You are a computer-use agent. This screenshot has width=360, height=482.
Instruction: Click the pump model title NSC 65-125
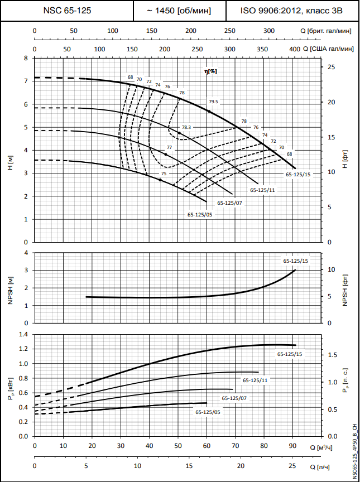tap(68, 11)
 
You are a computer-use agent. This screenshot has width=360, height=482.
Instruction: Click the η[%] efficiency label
tap(210, 71)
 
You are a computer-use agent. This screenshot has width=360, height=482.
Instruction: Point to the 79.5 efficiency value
tap(213, 102)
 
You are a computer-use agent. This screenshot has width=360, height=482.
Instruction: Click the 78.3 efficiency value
tap(186, 128)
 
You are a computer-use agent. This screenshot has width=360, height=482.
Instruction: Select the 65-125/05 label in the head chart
tap(199, 214)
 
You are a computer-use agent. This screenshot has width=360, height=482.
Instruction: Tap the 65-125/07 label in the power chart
tap(234, 398)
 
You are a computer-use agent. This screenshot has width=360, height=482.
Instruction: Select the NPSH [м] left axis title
tap(10, 287)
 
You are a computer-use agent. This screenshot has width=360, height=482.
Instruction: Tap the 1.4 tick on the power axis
tap(23, 334)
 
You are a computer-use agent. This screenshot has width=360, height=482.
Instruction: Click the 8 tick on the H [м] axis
tap(25, 58)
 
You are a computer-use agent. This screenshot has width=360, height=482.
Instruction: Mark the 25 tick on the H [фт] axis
tap(331, 67)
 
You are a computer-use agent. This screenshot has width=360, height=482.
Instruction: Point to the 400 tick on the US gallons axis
tap(295, 50)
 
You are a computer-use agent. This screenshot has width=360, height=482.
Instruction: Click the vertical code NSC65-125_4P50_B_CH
tap(354, 451)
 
